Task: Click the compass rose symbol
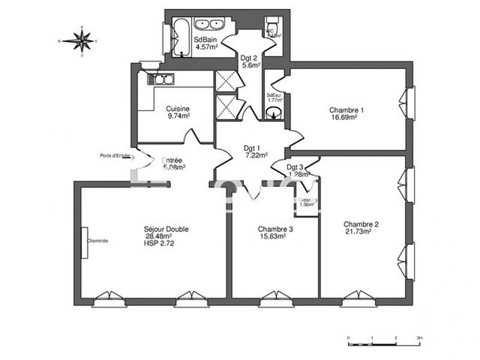(x=81, y=41)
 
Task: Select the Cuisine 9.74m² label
(x=178, y=113)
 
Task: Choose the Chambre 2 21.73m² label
(x=362, y=228)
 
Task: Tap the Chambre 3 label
(x=275, y=229)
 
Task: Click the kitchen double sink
(x=163, y=79)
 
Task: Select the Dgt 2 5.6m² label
(x=248, y=62)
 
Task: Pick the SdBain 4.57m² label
(x=205, y=44)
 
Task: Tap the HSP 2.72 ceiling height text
(x=159, y=244)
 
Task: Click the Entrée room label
(x=173, y=161)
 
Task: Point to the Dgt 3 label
(x=295, y=167)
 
